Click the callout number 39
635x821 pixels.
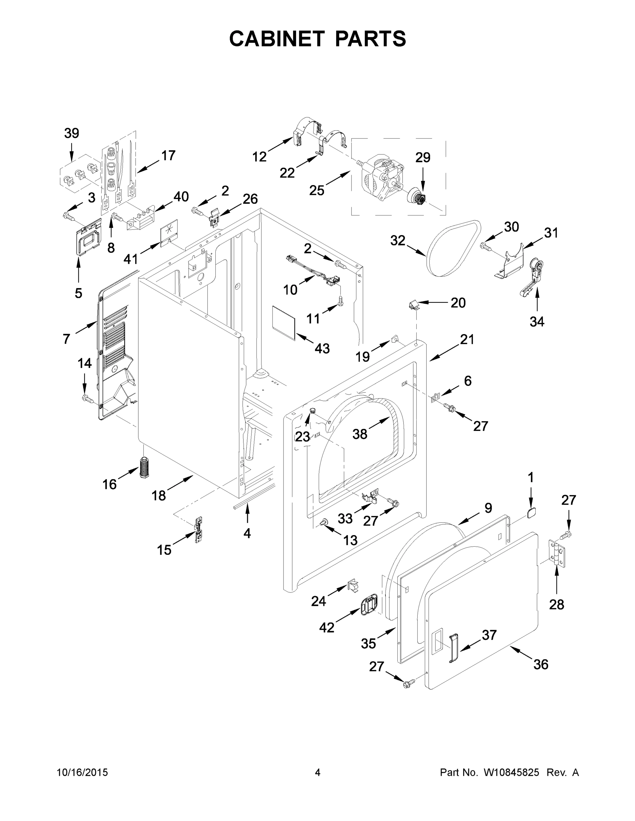tap(72, 133)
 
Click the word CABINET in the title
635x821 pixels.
tap(277, 39)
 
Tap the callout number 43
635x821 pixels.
tap(322, 349)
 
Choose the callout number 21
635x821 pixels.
tap(467, 339)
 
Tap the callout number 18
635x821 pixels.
tap(158, 495)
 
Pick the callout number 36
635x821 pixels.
tap(541, 664)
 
